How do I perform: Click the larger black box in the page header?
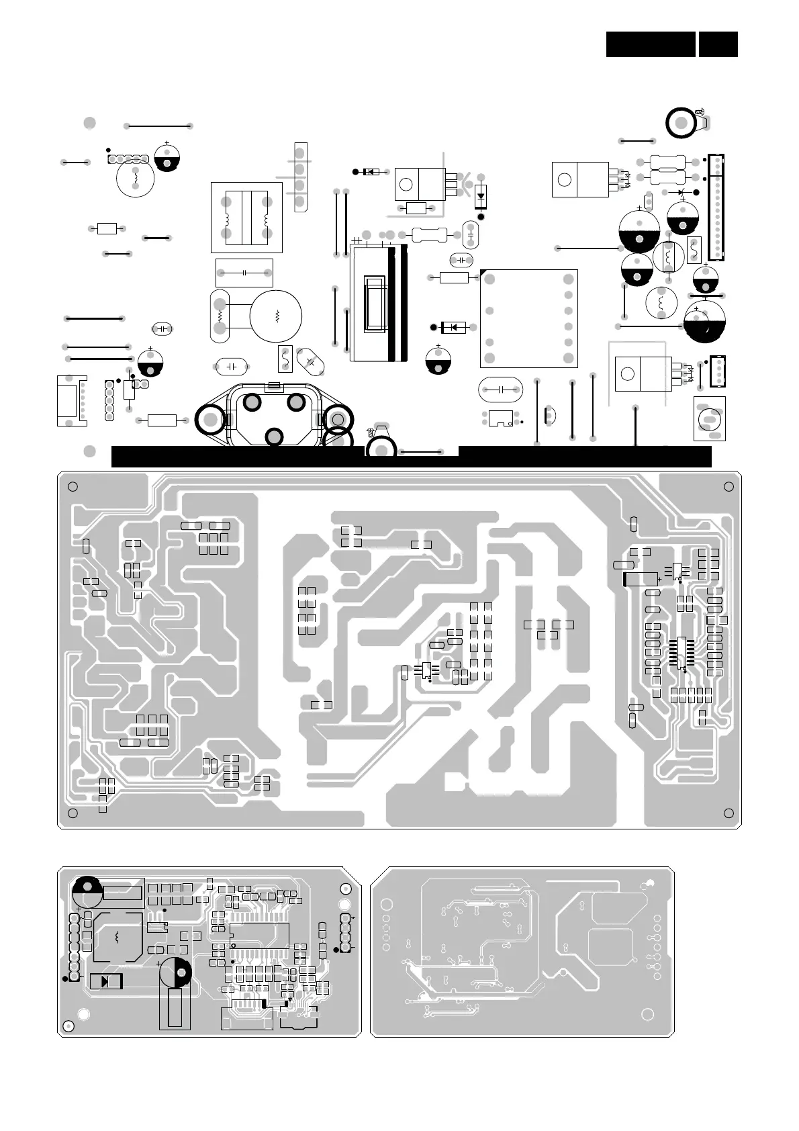[650, 44]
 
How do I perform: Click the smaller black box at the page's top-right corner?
[718, 44]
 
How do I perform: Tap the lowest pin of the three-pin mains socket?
[274, 437]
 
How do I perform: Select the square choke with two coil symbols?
[246, 217]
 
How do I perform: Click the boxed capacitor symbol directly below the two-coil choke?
[244, 273]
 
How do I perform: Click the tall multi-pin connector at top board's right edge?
[717, 208]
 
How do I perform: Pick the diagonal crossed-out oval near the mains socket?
[310, 361]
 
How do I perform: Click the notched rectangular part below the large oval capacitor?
[500, 418]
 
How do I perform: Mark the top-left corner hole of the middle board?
[73, 487]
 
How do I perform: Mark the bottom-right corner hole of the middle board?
[729, 814]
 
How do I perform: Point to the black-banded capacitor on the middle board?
[641, 579]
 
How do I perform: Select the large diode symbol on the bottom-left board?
[105, 981]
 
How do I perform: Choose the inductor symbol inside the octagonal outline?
[118, 936]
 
